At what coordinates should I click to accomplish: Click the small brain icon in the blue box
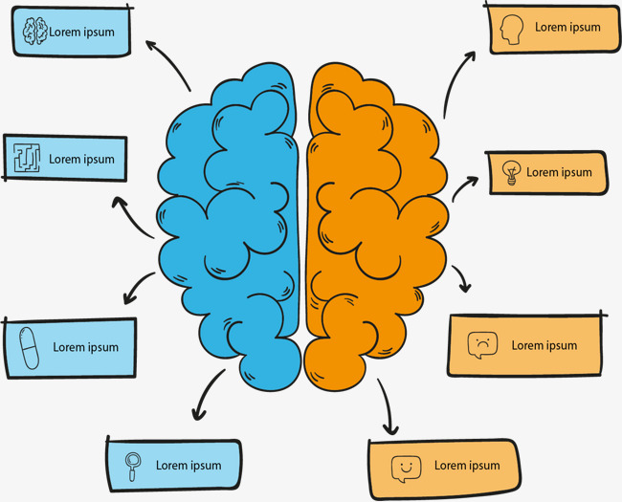pyautogui.click(x=35, y=32)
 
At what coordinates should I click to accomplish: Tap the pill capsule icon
pyautogui.click(x=28, y=347)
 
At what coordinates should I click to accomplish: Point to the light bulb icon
pyautogui.click(x=510, y=173)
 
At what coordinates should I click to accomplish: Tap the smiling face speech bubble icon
pyautogui.click(x=406, y=468)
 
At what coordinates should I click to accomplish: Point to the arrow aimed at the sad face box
pyautogui.click(x=461, y=278)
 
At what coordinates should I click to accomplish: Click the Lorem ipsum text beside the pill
pyautogui.click(x=85, y=347)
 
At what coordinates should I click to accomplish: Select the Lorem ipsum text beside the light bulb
pyautogui.click(x=559, y=172)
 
